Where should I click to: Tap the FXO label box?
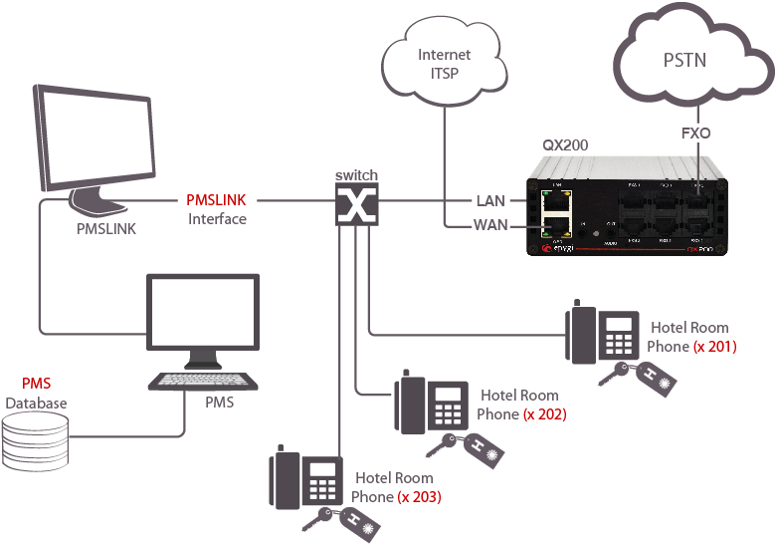[x=695, y=133]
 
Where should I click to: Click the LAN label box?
[x=490, y=201]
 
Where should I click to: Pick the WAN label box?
[x=490, y=226]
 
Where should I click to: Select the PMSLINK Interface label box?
[x=216, y=209]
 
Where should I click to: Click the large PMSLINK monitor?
[x=94, y=145]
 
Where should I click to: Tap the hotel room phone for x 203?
[x=305, y=481]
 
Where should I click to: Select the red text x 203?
[x=419, y=496]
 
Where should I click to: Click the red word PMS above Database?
[x=36, y=384]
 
